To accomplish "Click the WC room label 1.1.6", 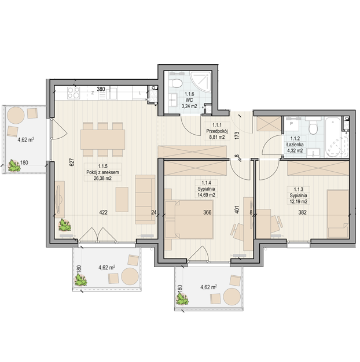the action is pos(189,94).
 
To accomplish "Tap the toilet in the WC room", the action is pos(177,83).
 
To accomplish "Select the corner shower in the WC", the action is pos(201,82).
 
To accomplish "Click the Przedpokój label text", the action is pos(217,131).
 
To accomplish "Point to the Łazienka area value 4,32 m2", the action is pos(295,151).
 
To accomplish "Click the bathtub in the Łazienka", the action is pos(336,137).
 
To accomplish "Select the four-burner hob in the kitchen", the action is pos(74,93).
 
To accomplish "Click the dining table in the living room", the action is pos(102,139).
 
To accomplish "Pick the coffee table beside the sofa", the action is pos(122,200).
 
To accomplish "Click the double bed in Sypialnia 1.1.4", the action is pos(194,219).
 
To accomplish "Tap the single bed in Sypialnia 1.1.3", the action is pos(338,213).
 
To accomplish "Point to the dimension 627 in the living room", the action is pos(72,162).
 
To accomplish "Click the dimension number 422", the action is pos(103,212).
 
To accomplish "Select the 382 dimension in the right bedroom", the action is pos(302,212).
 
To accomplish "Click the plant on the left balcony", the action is pos(14,165).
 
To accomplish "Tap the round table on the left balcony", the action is pos(16,115).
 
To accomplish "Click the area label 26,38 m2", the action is pos(102,178).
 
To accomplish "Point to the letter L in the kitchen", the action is pos(139,93).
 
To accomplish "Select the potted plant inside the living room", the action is pos(64,225).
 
